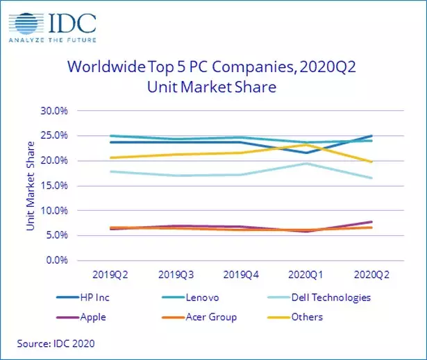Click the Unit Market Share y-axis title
click(31, 185)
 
